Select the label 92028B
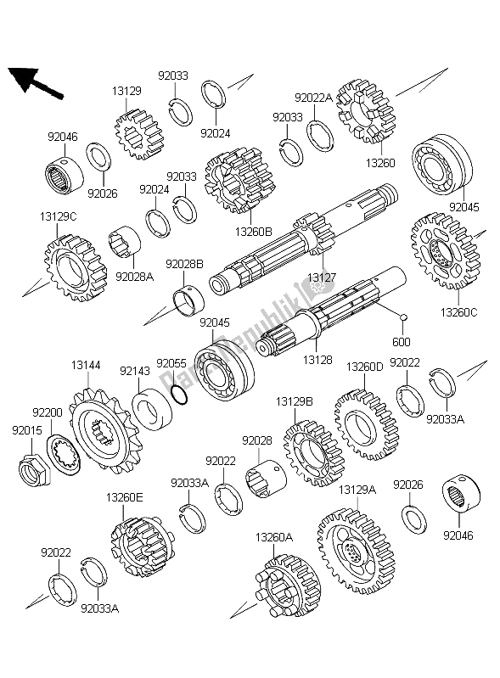[x=184, y=265]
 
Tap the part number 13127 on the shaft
[x=321, y=277]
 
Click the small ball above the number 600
[x=405, y=319]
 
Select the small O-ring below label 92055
[x=177, y=395]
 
